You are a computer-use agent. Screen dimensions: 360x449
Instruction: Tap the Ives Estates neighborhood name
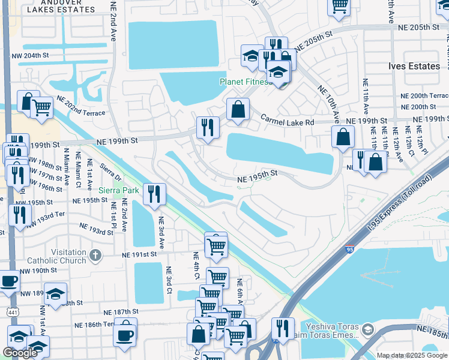(414, 66)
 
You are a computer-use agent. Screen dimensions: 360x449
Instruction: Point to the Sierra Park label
(118, 190)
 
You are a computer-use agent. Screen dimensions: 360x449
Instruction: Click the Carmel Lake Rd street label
(287, 122)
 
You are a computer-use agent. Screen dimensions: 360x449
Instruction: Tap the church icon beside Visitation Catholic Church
(95, 256)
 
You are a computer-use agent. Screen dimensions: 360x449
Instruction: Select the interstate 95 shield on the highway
(350, 248)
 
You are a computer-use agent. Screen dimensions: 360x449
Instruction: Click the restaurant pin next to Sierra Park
(155, 194)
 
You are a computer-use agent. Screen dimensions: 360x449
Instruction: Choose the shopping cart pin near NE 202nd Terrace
(41, 108)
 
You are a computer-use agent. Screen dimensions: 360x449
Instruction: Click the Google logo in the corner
(20, 353)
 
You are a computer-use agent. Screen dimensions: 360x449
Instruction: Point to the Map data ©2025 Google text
(412, 356)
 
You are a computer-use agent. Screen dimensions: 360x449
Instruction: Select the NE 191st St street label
(139, 254)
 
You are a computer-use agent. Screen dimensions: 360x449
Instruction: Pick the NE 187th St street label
(121, 313)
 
